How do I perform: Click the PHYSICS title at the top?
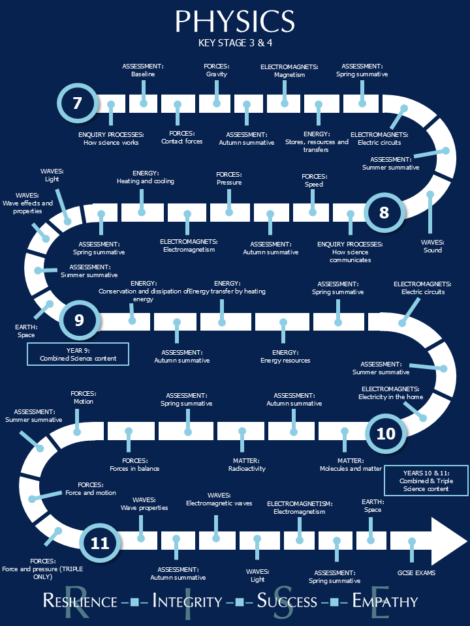[x=235, y=22]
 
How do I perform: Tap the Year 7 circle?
[x=78, y=103]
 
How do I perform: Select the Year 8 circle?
[x=384, y=212]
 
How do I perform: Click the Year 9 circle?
[x=80, y=320]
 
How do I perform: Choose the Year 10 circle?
[x=386, y=434]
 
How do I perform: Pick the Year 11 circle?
[x=100, y=543]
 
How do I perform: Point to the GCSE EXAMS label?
[x=416, y=573]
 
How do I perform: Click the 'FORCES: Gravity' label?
[x=216, y=70]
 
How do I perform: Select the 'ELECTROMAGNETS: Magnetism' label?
[x=289, y=70]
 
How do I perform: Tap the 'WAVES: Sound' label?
[x=432, y=246]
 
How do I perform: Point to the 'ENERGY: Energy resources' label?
[x=285, y=356]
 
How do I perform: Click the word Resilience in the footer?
[x=80, y=601]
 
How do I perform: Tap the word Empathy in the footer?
[x=385, y=601]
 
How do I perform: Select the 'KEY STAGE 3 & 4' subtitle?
[x=235, y=44]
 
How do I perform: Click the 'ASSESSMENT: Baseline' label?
[x=143, y=70]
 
